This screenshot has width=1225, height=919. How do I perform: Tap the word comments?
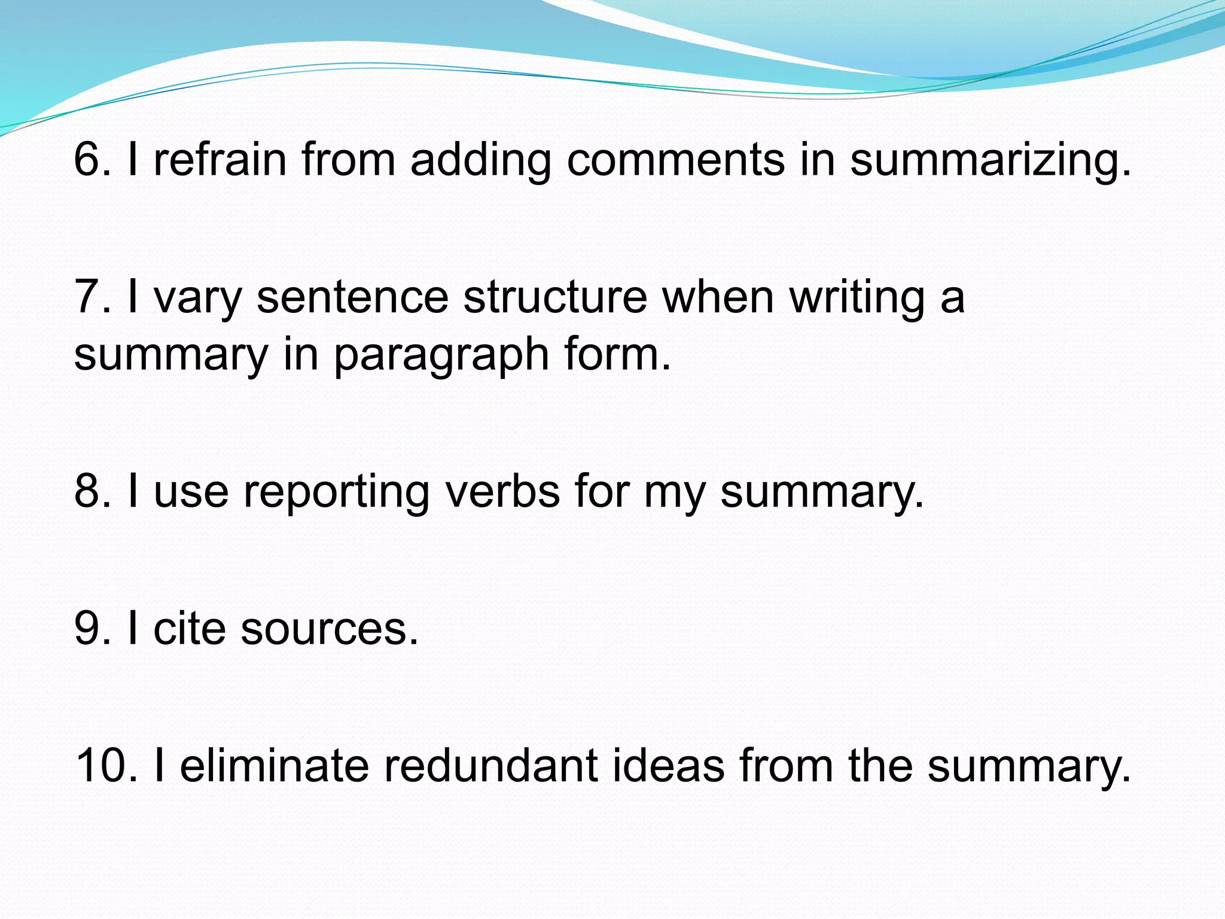(x=675, y=160)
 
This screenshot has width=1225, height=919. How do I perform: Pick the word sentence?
(x=352, y=297)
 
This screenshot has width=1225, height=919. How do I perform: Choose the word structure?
(x=555, y=297)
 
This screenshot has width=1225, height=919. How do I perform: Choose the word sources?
(x=329, y=630)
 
